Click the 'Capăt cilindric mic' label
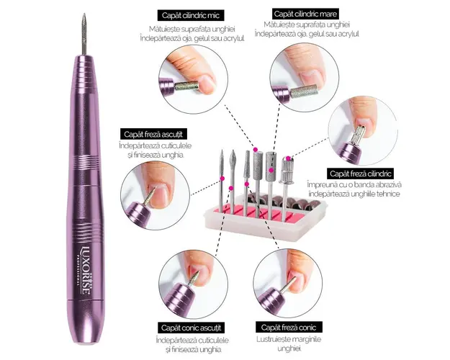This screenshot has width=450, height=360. point(191,15)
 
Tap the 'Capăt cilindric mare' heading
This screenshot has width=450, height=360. point(305,14)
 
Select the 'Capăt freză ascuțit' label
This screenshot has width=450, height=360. point(153,135)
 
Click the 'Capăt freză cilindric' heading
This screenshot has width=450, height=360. point(360,174)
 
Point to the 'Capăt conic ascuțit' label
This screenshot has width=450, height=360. point(191,328)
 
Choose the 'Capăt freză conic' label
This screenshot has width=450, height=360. point(289,328)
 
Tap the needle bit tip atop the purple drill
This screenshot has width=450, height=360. point(84,14)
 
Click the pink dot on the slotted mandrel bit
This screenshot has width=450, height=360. point(288,158)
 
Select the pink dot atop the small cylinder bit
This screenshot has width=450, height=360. point(255,150)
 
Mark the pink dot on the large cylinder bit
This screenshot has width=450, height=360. point(271,171)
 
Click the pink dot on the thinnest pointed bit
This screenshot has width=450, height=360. point(222,179)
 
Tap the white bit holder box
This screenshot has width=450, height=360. point(266,218)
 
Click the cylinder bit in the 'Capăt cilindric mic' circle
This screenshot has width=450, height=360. point(186,86)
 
